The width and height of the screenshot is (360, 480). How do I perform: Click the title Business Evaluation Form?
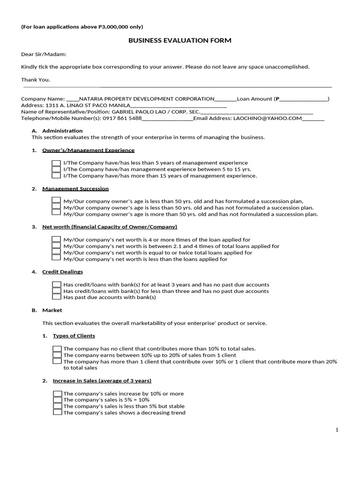(x=180, y=41)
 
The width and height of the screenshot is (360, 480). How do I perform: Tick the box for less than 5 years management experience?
(x=56, y=163)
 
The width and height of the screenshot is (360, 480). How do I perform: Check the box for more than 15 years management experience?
(x=56, y=176)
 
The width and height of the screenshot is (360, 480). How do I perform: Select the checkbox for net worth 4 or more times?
(x=56, y=240)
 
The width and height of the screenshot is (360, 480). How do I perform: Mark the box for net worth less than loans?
(x=56, y=258)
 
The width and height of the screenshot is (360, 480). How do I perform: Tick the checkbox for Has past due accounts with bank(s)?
(x=56, y=297)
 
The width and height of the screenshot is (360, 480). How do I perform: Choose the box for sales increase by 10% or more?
(x=58, y=394)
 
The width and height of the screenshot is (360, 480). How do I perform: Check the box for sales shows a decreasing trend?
(x=58, y=412)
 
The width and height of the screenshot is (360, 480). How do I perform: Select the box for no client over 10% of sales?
(x=57, y=349)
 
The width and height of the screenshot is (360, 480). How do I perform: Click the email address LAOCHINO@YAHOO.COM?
(x=267, y=119)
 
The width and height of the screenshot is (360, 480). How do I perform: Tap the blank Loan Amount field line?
(x=303, y=99)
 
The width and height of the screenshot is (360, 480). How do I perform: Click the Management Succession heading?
(x=75, y=188)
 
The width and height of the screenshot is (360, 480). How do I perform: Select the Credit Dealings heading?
(x=62, y=272)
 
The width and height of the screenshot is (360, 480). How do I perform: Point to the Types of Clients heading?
(x=74, y=336)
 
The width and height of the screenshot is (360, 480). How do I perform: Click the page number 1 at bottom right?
(x=337, y=430)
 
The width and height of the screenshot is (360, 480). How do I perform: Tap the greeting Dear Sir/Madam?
(x=44, y=54)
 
